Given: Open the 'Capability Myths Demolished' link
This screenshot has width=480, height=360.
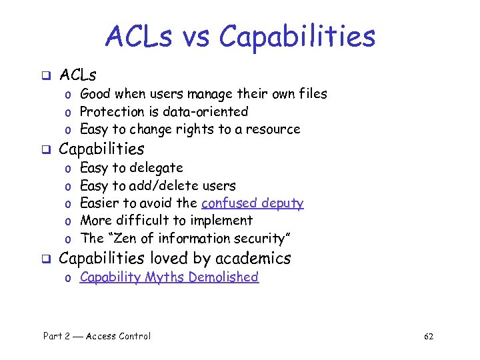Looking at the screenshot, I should [169, 277].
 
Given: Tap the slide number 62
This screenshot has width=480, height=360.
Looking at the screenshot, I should [428, 336].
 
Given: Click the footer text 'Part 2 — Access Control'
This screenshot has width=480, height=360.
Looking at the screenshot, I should [97, 336].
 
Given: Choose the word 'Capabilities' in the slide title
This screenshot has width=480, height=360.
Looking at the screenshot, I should [297, 37].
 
